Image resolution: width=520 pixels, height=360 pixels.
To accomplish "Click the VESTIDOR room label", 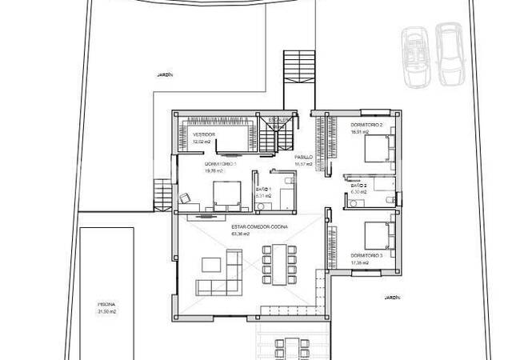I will click(204, 134).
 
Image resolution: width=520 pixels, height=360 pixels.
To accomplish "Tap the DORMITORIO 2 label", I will click(366, 126).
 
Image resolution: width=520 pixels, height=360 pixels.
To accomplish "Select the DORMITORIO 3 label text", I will click(366, 255).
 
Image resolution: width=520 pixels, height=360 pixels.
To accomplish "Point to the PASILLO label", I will click(303, 157).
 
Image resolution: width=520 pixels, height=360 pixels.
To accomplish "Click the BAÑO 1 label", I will click(263, 188).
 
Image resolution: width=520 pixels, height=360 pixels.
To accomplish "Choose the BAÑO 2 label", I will click(358, 185).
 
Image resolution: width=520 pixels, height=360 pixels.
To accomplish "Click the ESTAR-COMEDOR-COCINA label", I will click(249, 227).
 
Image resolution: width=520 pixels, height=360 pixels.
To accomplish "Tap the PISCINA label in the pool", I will click(107, 305).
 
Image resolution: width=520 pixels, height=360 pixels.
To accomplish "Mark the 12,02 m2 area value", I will click(202, 142).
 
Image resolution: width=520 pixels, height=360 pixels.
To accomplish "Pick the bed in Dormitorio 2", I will click(378, 150).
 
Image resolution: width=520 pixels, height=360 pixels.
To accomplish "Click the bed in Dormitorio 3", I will click(378, 235).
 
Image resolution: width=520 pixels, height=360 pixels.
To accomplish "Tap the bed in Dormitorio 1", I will click(227, 194).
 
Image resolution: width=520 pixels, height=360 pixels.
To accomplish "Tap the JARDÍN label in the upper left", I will click(166, 74).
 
